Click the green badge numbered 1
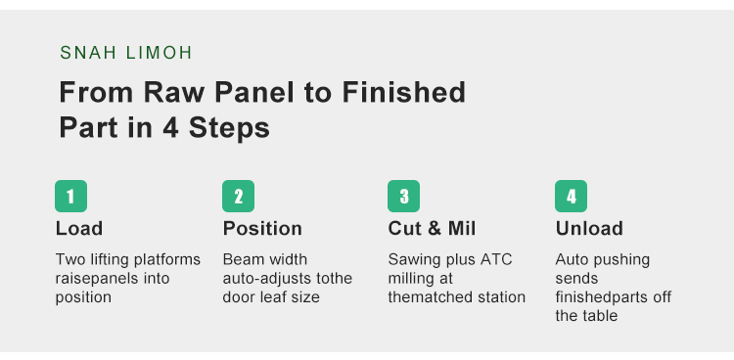[x=70, y=197]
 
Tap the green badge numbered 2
[x=238, y=197]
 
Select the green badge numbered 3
[x=403, y=197]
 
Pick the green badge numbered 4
[x=572, y=197]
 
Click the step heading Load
[x=79, y=229]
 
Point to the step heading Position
[x=262, y=229]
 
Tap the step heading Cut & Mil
[x=432, y=229]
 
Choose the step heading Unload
[x=589, y=229]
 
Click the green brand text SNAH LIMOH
[x=126, y=53]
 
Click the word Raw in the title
[x=173, y=92]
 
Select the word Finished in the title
[x=404, y=92]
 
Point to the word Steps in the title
[x=229, y=128]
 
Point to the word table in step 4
[x=600, y=316]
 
